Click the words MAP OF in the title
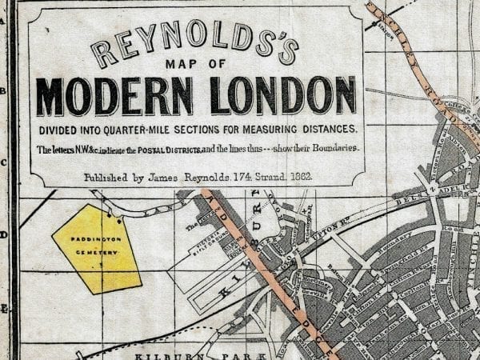point(198,66)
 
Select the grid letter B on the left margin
point(3,91)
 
